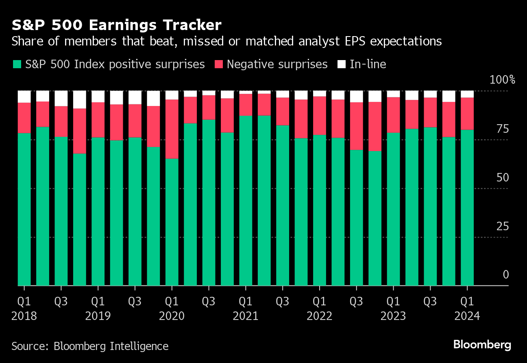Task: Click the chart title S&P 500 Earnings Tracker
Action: (117, 25)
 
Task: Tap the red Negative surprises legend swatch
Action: (219, 64)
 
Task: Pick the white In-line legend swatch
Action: (342, 64)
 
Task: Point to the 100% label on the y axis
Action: (502, 80)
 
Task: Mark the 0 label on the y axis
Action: (505, 275)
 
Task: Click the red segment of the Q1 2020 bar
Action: (172, 129)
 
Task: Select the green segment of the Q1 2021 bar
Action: (246, 201)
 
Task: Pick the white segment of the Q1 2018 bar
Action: (24, 97)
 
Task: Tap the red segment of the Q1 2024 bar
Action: (467, 114)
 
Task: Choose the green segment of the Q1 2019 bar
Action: (98, 211)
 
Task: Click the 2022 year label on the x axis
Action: (319, 316)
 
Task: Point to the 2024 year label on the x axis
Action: (467, 316)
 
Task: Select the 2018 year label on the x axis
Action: (24, 316)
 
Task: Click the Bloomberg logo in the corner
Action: (482, 345)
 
